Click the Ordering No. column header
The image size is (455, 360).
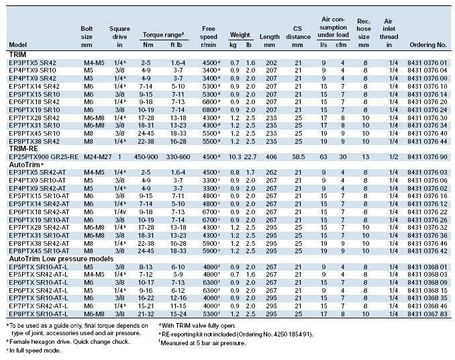(x=428, y=45)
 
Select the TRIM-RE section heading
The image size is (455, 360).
(x=23, y=148)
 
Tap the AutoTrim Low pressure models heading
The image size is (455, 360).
(x=61, y=259)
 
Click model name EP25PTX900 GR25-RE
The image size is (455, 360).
(x=44, y=156)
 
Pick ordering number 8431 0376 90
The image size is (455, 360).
(x=427, y=156)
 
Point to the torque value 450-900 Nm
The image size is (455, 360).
(x=146, y=156)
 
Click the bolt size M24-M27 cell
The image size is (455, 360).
(x=98, y=156)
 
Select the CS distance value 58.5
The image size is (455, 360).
(x=299, y=156)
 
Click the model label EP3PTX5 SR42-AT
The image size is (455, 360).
(x=38, y=173)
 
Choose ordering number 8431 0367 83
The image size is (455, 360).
(x=427, y=314)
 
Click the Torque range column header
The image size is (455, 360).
(x=163, y=35)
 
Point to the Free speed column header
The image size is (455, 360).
(x=208, y=36)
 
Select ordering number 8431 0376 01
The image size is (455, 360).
(x=427, y=62)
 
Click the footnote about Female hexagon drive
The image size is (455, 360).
(x=68, y=342)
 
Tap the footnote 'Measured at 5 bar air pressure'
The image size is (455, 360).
(x=202, y=343)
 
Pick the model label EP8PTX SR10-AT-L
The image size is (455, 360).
(x=38, y=314)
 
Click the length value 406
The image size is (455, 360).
(x=271, y=156)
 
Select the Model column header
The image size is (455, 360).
(x=17, y=45)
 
